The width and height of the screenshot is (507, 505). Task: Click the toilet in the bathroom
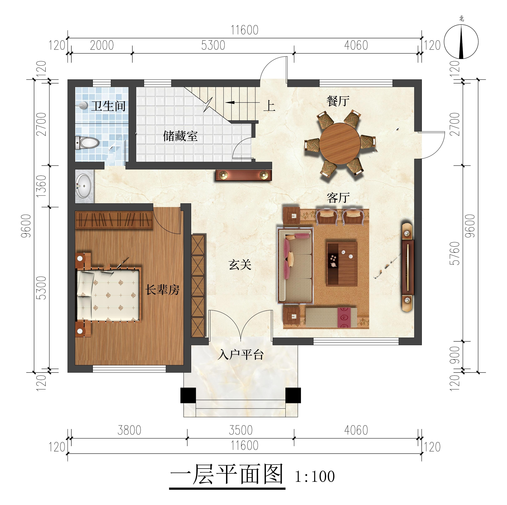click(88, 143)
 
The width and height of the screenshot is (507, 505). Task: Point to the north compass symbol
click(461, 42)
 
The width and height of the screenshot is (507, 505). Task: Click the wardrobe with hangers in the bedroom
click(114, 220)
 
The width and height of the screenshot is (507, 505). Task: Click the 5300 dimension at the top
click(213, 45)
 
